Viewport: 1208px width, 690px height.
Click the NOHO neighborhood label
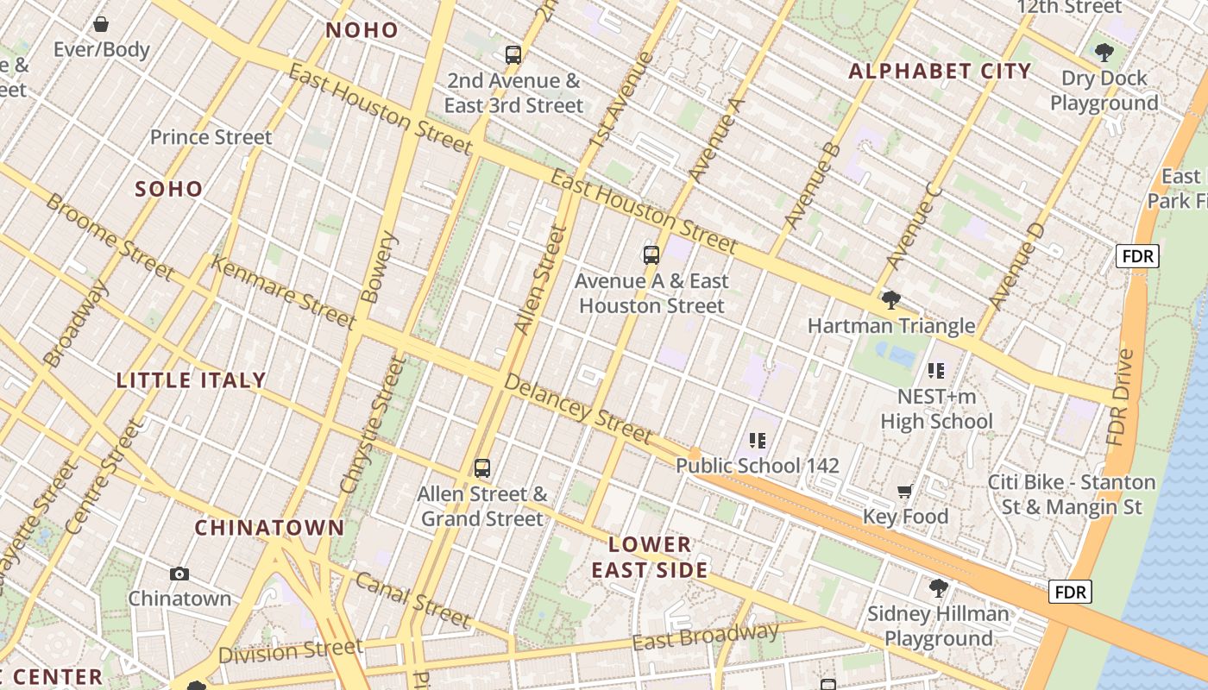[362, 30]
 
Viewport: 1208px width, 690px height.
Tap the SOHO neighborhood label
[169, 189]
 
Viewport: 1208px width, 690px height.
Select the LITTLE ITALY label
[191, 380]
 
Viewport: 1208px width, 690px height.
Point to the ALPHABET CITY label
[940, 71]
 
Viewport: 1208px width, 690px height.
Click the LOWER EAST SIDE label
[650, 557]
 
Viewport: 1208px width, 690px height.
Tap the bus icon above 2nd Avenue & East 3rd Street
[513, 55]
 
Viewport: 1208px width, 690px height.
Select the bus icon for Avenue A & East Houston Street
[651, 255]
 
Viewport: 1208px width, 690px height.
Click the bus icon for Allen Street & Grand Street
[482, 468]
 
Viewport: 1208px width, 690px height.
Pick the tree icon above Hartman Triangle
[891, 300]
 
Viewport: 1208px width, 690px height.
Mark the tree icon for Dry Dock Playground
[1104, 53]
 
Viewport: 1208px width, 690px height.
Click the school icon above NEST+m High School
[936, 371]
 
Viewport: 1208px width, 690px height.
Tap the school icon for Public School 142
[758, 441]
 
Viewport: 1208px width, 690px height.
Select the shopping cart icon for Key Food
[905, 492]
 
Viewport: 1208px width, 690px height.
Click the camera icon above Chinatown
[179, 574]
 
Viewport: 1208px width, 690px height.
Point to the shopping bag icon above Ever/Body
[101, 24]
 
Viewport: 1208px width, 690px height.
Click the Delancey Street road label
[577, 409]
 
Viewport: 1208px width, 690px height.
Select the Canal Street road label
[413, 599]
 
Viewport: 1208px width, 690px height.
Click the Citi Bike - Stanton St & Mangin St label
[1072, 494]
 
